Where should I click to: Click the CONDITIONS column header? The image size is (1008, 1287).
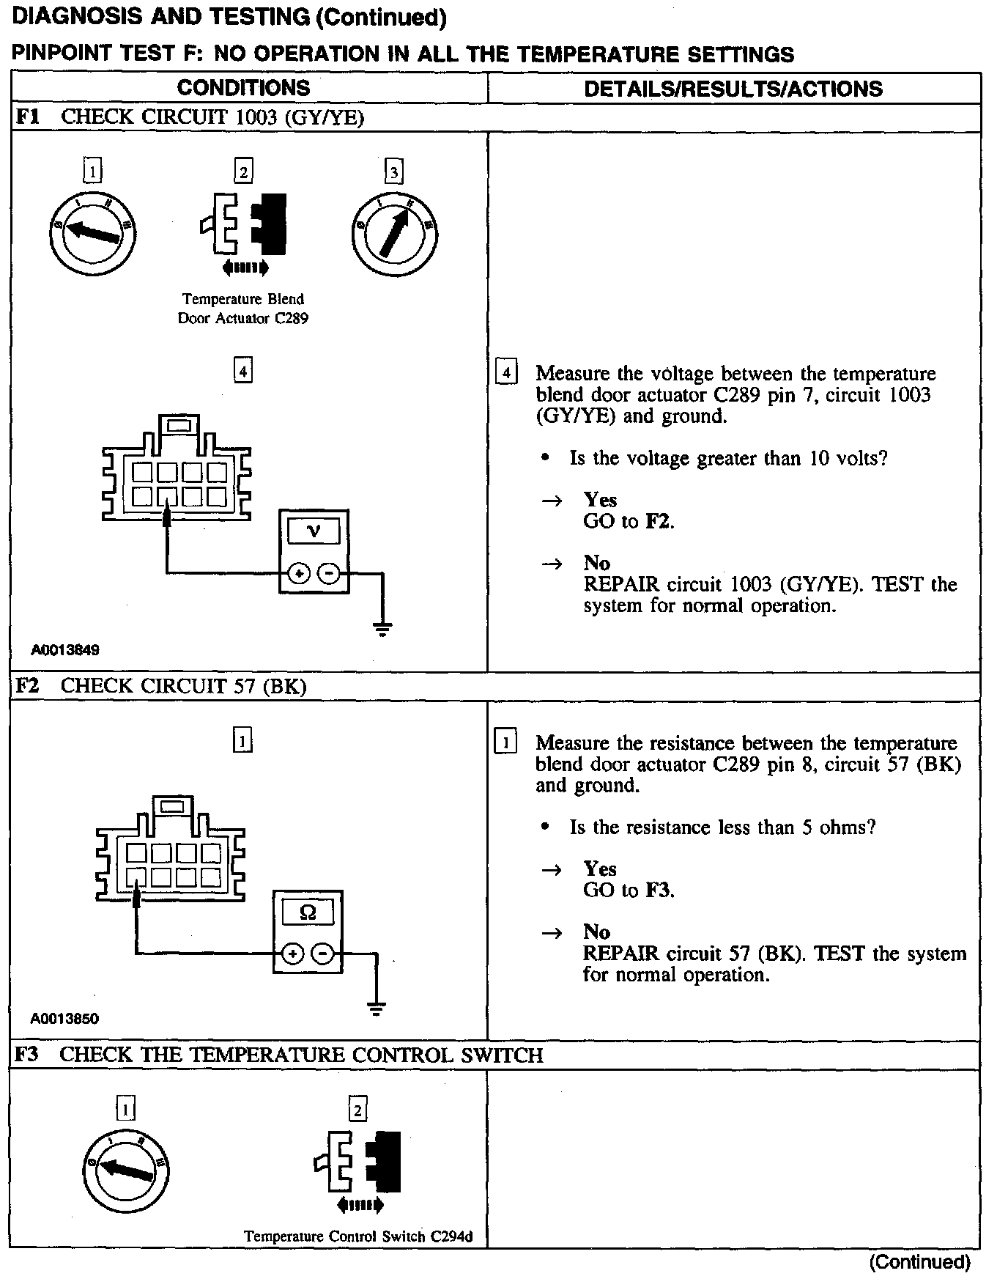coord(243,88)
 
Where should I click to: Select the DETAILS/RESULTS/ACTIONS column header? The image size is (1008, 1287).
coord(733,89)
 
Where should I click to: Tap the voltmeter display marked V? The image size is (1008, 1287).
coord(314,531)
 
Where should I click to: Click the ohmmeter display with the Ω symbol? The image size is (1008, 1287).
coord(308,912)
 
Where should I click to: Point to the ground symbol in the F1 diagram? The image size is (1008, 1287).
coord(382,629)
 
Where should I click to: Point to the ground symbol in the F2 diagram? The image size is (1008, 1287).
coord(376,1008)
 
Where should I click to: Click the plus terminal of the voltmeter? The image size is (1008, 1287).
coord(298,573)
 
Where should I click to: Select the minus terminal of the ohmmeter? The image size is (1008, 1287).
coord(323,954)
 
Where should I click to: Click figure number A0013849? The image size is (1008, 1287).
coord(65,649)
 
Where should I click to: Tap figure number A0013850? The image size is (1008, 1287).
coord(65,1018)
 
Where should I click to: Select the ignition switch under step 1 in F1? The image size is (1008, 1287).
coord(92,232)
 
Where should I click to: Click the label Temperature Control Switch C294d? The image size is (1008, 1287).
coord(358,1236)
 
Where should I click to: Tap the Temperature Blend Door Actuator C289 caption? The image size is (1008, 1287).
coord(242,309)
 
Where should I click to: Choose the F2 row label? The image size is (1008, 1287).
coord(27,685)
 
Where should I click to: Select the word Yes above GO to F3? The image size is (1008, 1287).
coord(600,869)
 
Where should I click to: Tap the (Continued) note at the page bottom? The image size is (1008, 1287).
coord(920,1262)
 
